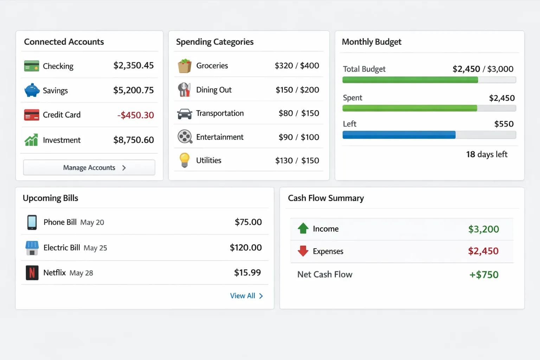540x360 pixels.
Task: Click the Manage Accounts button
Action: [89, 168]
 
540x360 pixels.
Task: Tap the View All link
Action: [246, 296]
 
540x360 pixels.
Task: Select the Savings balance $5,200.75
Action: [133, 90]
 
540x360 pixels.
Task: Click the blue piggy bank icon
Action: [32, 90]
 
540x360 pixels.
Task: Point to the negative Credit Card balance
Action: [135, 115]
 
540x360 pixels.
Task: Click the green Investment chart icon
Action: [31, 140]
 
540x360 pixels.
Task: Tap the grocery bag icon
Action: [185, 66]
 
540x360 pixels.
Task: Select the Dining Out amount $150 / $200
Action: [297, 90]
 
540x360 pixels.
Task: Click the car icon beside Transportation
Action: [185, 114]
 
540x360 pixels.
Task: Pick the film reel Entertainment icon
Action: [185, 137]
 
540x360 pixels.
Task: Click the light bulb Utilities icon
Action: [185, 160]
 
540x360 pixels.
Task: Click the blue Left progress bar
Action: [399, 135]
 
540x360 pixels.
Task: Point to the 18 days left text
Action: [487, 154]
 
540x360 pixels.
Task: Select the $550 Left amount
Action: [504, 124]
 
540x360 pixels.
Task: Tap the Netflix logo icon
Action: [32, 273]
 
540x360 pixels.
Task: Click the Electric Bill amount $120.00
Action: [245, 247]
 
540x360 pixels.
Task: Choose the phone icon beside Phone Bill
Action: [32, 222]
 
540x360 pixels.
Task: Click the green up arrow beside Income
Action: [303, 229]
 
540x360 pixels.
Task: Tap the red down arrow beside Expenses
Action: [303, 251]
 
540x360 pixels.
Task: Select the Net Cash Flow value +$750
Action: [484, 275]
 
